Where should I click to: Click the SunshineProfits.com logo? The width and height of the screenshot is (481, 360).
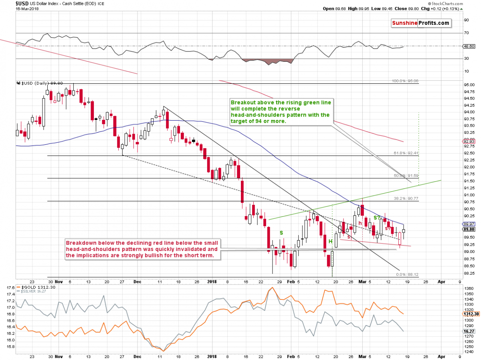[420, 23]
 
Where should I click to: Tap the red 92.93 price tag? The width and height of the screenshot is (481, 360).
[468, 141]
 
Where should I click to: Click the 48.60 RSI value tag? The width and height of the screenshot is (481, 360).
[468, 47]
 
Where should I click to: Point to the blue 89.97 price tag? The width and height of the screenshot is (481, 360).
[468, 224]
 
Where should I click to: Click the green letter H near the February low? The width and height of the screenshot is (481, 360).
[331, 241]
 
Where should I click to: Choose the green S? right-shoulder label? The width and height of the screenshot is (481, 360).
[377, 218]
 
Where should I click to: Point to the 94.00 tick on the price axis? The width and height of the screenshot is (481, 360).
[467, 112]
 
